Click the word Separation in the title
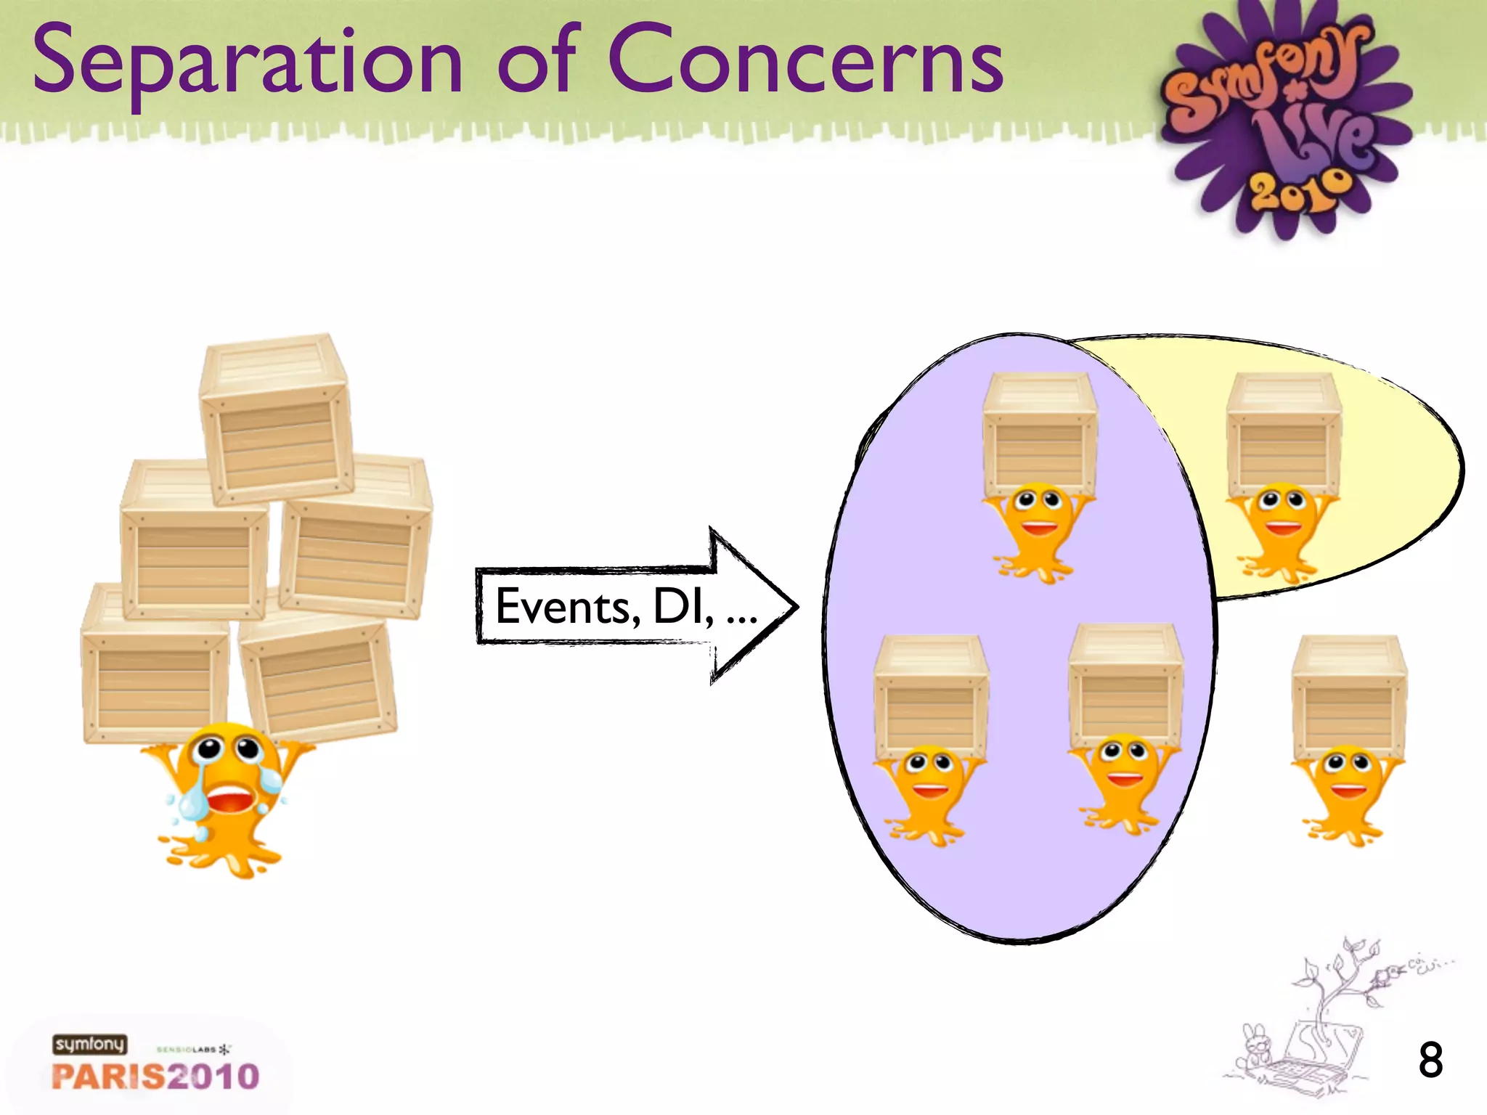[247, 62]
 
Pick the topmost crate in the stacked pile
[276, 421]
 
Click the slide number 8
[1430, 1061]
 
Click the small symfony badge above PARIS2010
[89, 1045]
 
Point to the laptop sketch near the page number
[1314, 1060]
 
